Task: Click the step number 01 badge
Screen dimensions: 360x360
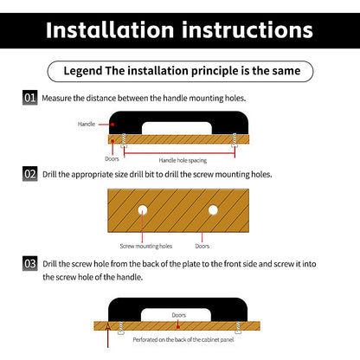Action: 30,98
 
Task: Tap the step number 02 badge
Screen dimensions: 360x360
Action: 30,174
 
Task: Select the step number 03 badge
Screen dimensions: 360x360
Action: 30,263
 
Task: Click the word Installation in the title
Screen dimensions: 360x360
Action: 110,29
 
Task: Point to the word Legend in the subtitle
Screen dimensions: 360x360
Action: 83,71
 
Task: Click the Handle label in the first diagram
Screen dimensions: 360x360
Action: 87,124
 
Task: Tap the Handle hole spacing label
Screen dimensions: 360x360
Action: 183,160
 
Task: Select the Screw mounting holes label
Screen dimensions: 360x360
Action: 146,246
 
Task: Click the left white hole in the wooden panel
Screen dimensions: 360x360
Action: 143,210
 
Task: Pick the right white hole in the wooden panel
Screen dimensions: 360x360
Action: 213,210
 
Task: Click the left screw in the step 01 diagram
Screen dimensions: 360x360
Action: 124,141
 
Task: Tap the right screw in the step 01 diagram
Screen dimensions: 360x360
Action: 235,141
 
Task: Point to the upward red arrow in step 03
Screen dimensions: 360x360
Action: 108,335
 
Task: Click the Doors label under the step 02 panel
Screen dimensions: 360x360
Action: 202,246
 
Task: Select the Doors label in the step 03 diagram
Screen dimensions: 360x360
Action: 179,315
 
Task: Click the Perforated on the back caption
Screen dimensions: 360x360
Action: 183,339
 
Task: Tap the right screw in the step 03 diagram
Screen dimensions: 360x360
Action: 238,328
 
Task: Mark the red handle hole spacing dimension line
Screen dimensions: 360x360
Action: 179,153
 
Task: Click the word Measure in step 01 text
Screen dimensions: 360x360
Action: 57,98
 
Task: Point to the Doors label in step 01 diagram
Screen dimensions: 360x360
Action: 112,159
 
